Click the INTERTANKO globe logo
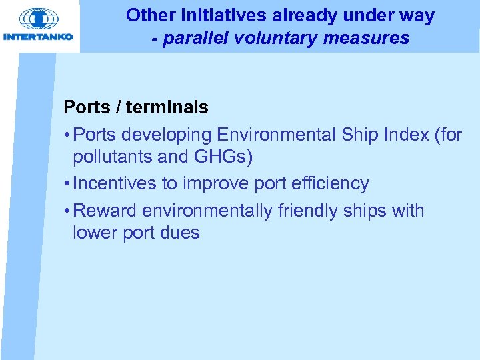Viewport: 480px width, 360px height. point(39,17)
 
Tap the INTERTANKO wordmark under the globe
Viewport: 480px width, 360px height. point(39,37)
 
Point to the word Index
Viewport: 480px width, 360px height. point(404,135)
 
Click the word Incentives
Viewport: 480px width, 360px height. point(115,183)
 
